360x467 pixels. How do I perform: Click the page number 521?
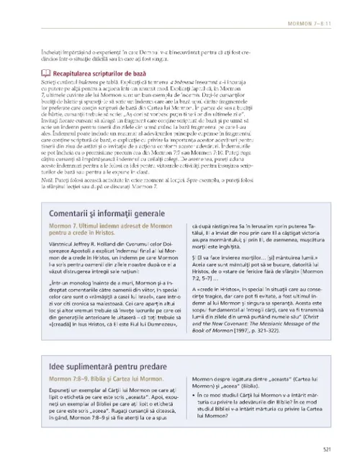328,450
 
